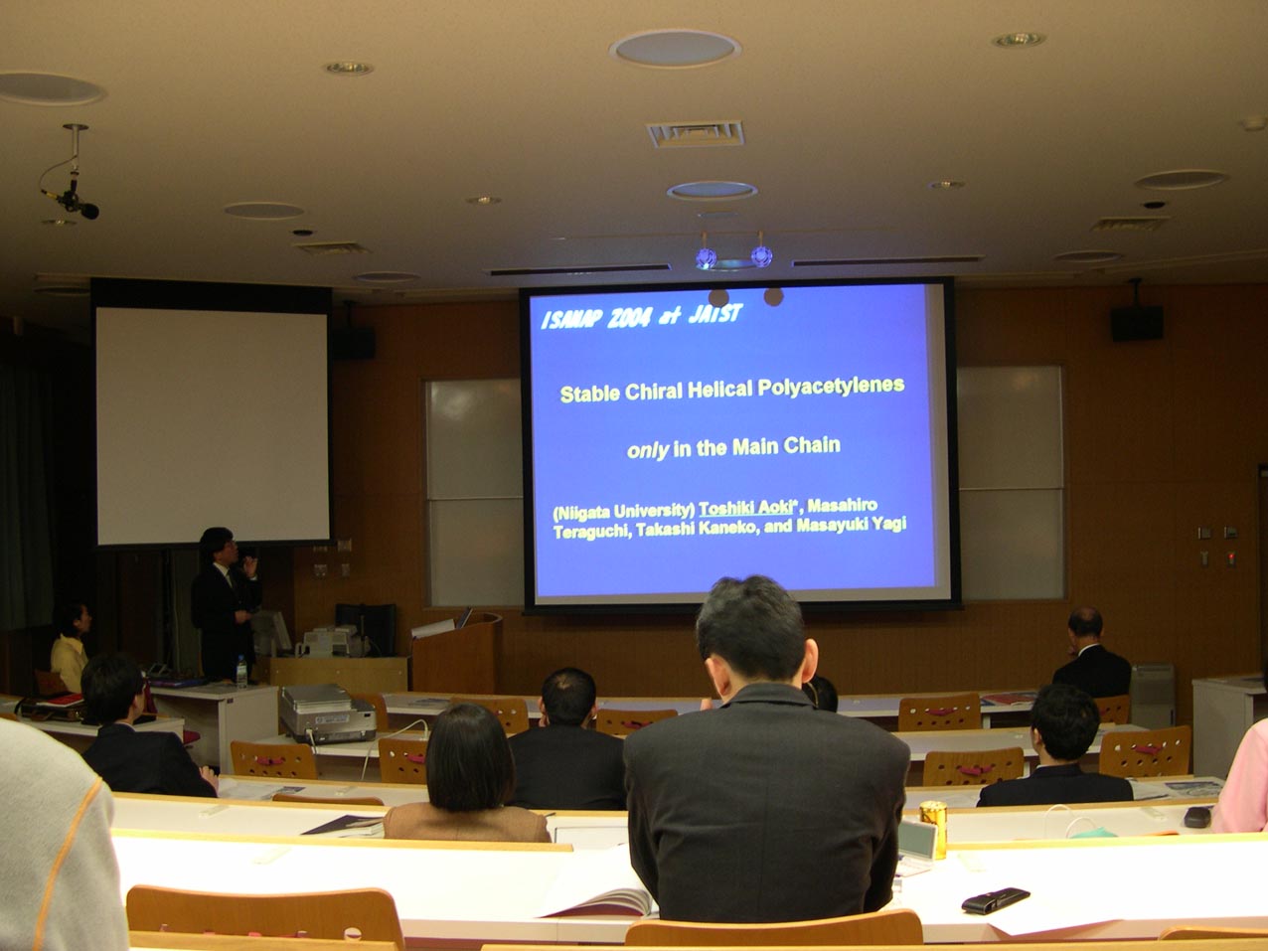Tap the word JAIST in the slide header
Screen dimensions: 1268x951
[714, 314]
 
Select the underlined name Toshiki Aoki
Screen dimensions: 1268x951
[745, 508]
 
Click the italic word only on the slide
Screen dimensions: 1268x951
[648, 450]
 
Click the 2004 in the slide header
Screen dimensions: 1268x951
[628, 318]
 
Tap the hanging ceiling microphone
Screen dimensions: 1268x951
[73, 197]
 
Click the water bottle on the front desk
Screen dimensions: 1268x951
[241, 671]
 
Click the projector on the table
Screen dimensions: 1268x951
[326, 714]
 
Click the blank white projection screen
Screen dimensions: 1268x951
[213, 425]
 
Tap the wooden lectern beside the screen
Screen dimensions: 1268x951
[457, 653]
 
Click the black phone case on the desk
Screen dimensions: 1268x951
[996, 900]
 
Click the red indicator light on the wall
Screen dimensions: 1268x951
[1230, 557]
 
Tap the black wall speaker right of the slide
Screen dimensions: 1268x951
[1136, 322]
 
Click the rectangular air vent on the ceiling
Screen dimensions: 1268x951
[695, 134]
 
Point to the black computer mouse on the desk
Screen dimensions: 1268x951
[1197, 817]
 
